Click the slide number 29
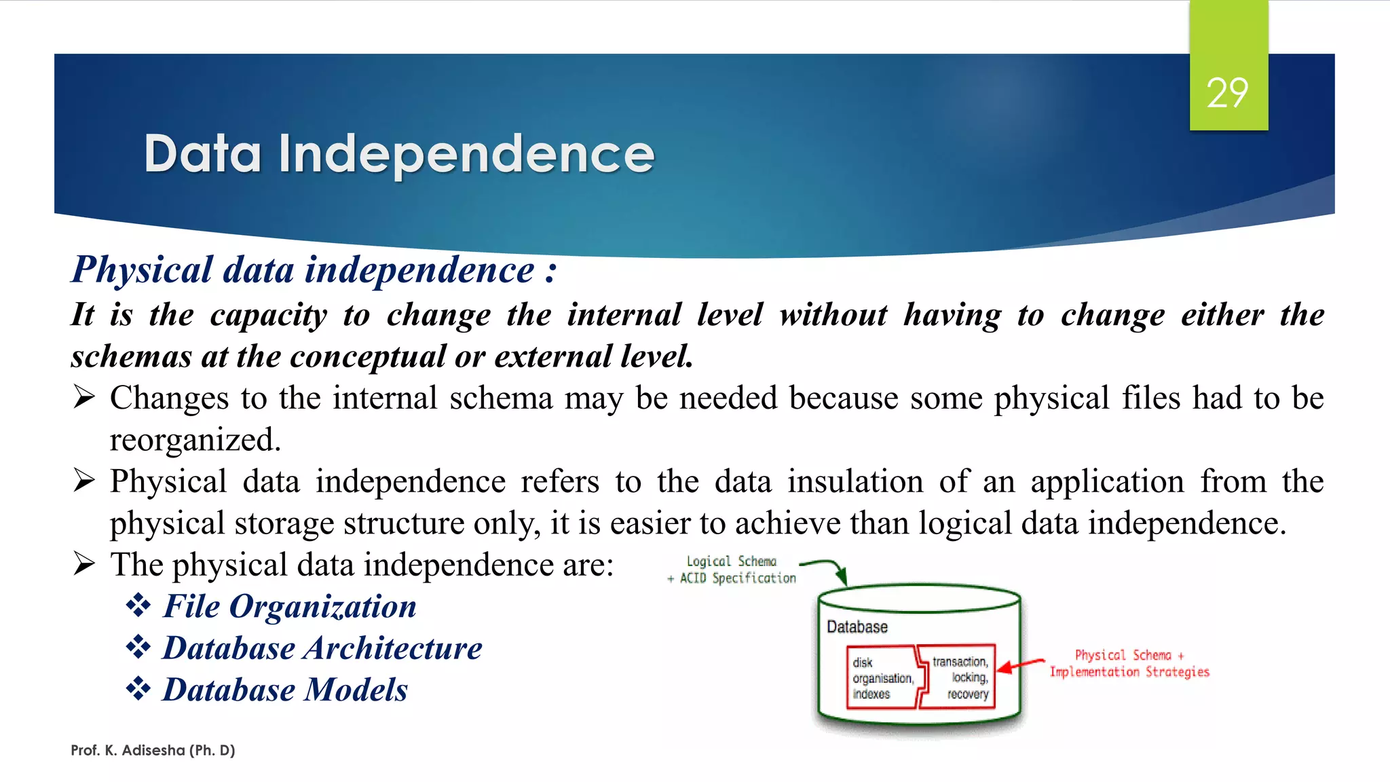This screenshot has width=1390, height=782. click(x=1227, y=93)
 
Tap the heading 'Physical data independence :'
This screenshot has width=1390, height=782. click(x=314, y=270)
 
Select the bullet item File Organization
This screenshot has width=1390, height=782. click(x=289, y=606)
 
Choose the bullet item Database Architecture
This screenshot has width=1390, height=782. click(x=322, y=648)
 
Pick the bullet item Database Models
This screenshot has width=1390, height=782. click(x=285, y=690)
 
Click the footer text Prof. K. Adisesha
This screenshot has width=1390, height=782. click(x=153, y=750)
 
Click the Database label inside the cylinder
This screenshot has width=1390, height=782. click(x=857, y=627)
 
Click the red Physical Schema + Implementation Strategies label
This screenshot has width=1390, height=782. click(x=1129, y=663)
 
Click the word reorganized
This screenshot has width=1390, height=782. click(x=194, y=441)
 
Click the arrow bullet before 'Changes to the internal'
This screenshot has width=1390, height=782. click(x=84, y=397)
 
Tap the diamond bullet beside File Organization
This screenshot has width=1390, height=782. click(x=138, y=606)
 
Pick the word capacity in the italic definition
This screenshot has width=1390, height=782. click(x=268, y=315)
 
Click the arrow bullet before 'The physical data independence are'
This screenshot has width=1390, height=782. click(x=84, y=564)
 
